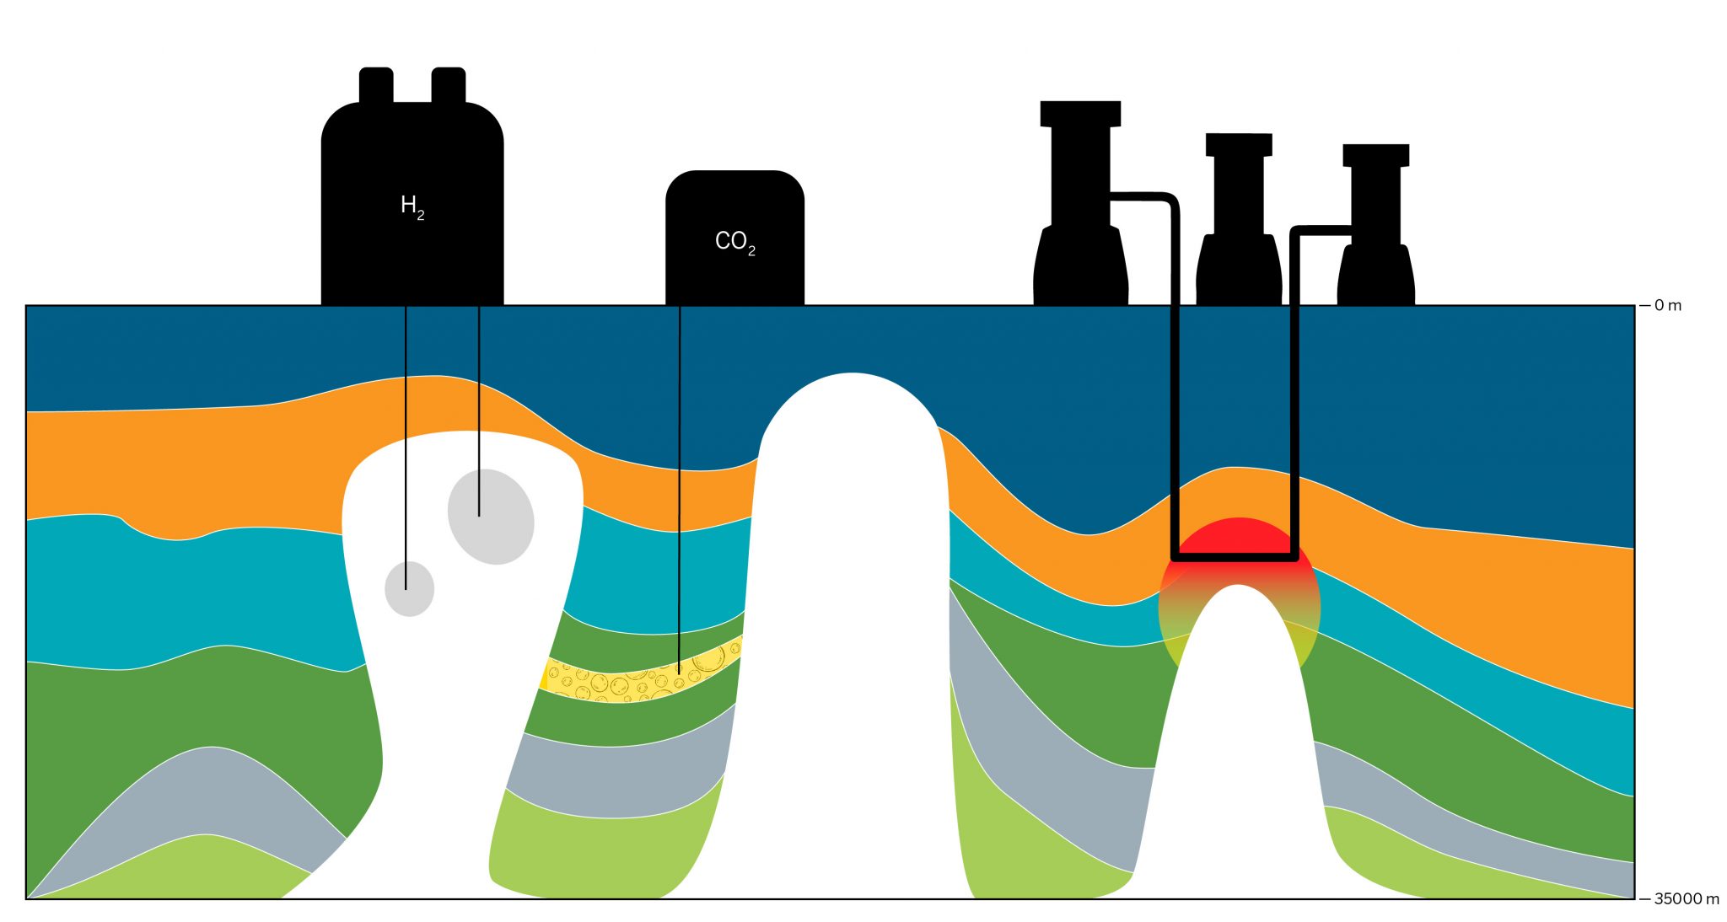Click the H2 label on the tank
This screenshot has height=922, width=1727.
point(412,206)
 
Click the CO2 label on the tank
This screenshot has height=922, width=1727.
point(734,242)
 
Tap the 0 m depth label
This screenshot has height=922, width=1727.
point(1666,305)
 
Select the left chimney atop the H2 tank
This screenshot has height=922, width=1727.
point(376,85)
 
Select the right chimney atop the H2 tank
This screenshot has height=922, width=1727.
point(449,85)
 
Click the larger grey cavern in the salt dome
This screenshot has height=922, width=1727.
point(491,517)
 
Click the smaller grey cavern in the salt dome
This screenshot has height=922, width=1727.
point(410,589)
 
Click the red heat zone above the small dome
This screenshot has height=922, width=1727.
point(1238,538)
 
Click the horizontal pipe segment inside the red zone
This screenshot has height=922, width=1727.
point(1235,557)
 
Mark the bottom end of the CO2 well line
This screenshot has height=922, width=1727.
point(679,672)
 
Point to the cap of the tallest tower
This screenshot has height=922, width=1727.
point(1080,113)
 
